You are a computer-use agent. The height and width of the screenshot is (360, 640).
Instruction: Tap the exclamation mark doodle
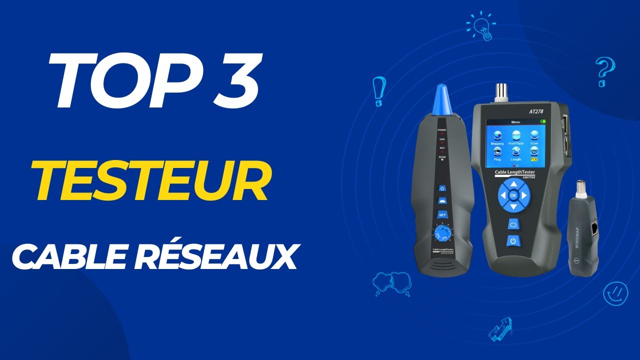(378, 91)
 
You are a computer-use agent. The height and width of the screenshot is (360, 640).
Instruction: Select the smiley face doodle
(615, 293)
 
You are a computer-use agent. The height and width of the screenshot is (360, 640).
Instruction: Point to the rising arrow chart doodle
(500, 329)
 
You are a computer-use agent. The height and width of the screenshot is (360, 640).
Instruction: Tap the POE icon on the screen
(534, 159)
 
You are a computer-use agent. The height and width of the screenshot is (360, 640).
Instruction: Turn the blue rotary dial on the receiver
(441, 233)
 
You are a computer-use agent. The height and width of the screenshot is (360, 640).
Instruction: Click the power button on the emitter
(513, 241)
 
